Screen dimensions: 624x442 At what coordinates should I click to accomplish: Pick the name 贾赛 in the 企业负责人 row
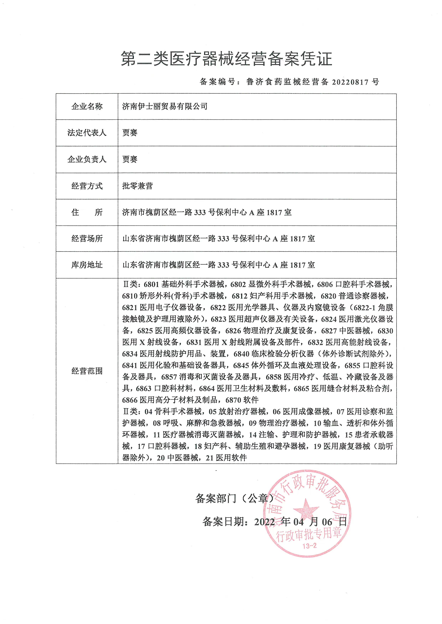[130, 159]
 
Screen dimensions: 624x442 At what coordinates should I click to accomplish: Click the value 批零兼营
[137, 186]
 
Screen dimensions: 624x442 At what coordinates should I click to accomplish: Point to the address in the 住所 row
[207, 212]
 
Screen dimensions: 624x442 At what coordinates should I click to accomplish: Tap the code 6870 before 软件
[233, 400]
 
